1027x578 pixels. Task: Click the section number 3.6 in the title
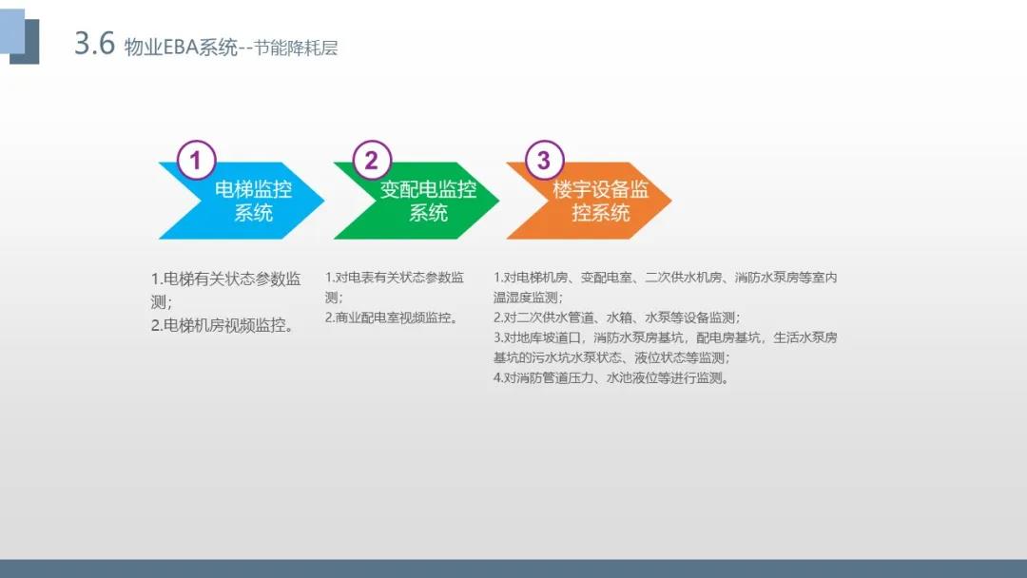point(95,43)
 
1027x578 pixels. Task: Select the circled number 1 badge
point(196,160)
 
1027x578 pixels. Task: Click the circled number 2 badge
point(372,160)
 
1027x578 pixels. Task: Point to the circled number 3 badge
point(544,160)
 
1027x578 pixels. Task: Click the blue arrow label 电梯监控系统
point(254,201)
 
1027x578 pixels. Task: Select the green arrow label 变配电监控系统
point(428,201)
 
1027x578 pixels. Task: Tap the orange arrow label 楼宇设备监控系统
point(601,201)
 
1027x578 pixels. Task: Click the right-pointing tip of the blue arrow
point(323,201)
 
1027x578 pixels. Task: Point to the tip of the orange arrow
point(671,201)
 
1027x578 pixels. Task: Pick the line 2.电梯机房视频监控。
point(223,325)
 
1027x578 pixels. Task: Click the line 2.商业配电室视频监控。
point(393,318)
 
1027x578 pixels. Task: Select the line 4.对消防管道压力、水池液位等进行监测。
point(611,377)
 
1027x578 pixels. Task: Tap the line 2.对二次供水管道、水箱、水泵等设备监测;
point(617,318)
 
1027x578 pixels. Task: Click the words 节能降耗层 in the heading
point(296,48)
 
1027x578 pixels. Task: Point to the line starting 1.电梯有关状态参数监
point(226,279)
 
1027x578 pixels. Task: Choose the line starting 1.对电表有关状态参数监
point(395,278)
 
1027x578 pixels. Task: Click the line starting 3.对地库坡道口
point(666,337)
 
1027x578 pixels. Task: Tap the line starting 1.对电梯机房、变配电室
point(666,278)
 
